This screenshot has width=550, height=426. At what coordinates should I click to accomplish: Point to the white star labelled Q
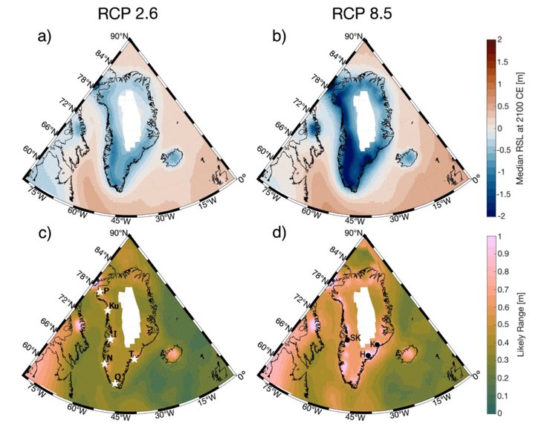coord(114,384)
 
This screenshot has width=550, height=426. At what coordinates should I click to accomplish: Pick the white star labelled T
coord(134,360)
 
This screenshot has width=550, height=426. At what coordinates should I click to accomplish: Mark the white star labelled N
coord(104,364)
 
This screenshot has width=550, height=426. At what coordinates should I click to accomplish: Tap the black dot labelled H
coord(367,355)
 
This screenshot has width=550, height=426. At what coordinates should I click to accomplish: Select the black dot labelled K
coord(377,345)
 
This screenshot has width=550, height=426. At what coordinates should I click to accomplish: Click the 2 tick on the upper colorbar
coord(500,38)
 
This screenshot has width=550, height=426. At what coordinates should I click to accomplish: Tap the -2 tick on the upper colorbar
coord(502,216)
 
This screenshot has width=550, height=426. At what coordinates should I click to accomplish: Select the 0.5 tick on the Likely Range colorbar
coord(502,324)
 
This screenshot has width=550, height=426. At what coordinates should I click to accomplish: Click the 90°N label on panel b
coord(353,36)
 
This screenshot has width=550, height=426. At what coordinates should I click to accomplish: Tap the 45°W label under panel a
coord(121,221)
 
